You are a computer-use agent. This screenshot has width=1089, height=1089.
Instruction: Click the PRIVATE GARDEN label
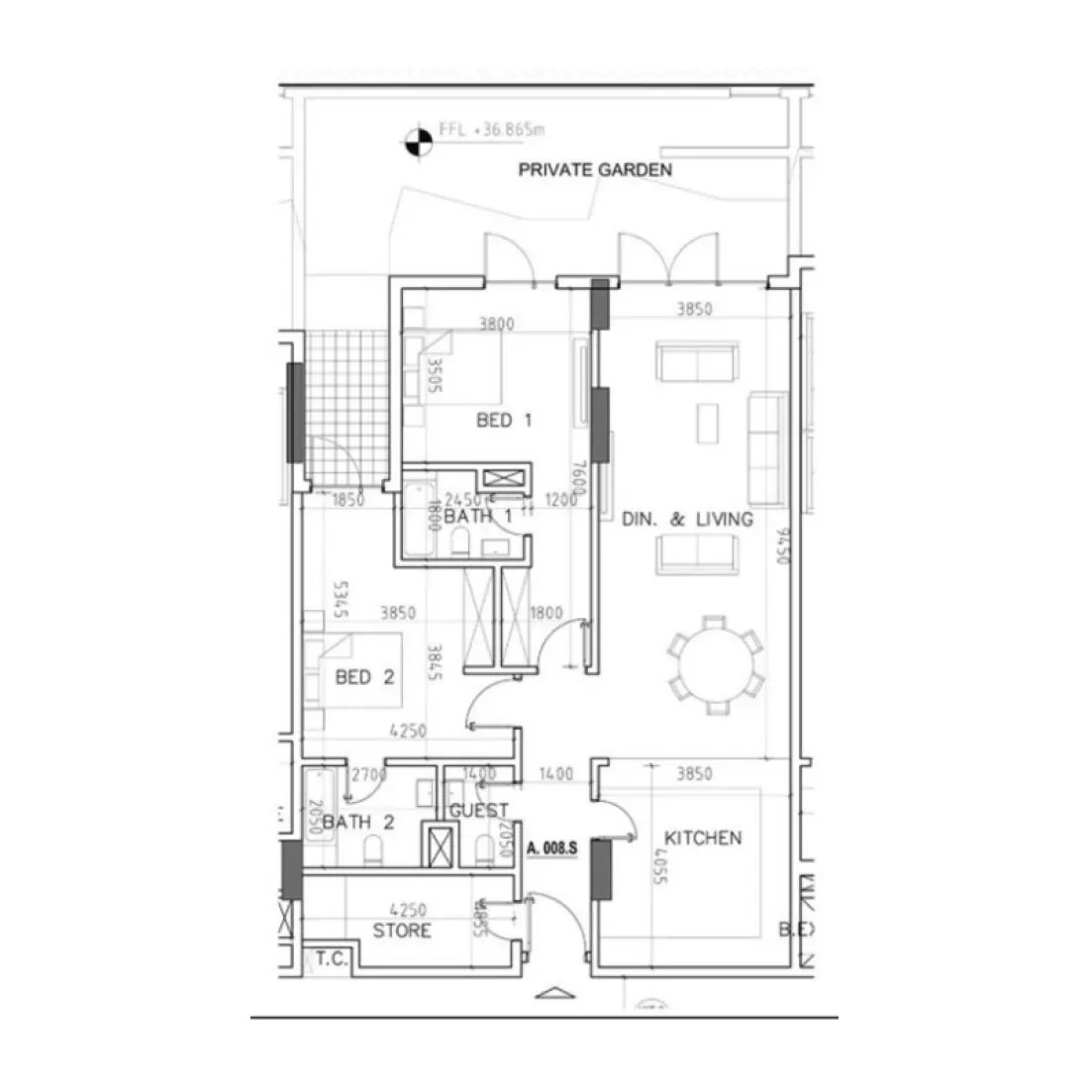(x=595, y=169)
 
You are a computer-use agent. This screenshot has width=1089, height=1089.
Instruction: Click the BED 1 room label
(x=504, y=421)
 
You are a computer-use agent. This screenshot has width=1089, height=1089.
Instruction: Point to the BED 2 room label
(x=365, y=678)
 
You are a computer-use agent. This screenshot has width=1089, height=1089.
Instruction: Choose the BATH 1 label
(x=477, y=517)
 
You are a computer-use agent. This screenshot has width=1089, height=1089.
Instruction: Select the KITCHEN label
(x=702, y=839)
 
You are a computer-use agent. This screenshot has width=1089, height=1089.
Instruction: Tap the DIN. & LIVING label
(x=687, y=520)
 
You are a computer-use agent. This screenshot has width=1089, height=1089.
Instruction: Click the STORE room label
(x=402, y=931)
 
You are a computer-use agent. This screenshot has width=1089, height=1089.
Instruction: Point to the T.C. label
(x=329, y=958)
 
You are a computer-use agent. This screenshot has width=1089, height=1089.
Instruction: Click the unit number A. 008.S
(x=552, y=848)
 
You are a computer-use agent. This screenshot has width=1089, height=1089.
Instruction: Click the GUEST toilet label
(x=478, y=811)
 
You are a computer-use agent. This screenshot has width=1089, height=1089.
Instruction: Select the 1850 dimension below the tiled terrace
(x=347, y=500)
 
